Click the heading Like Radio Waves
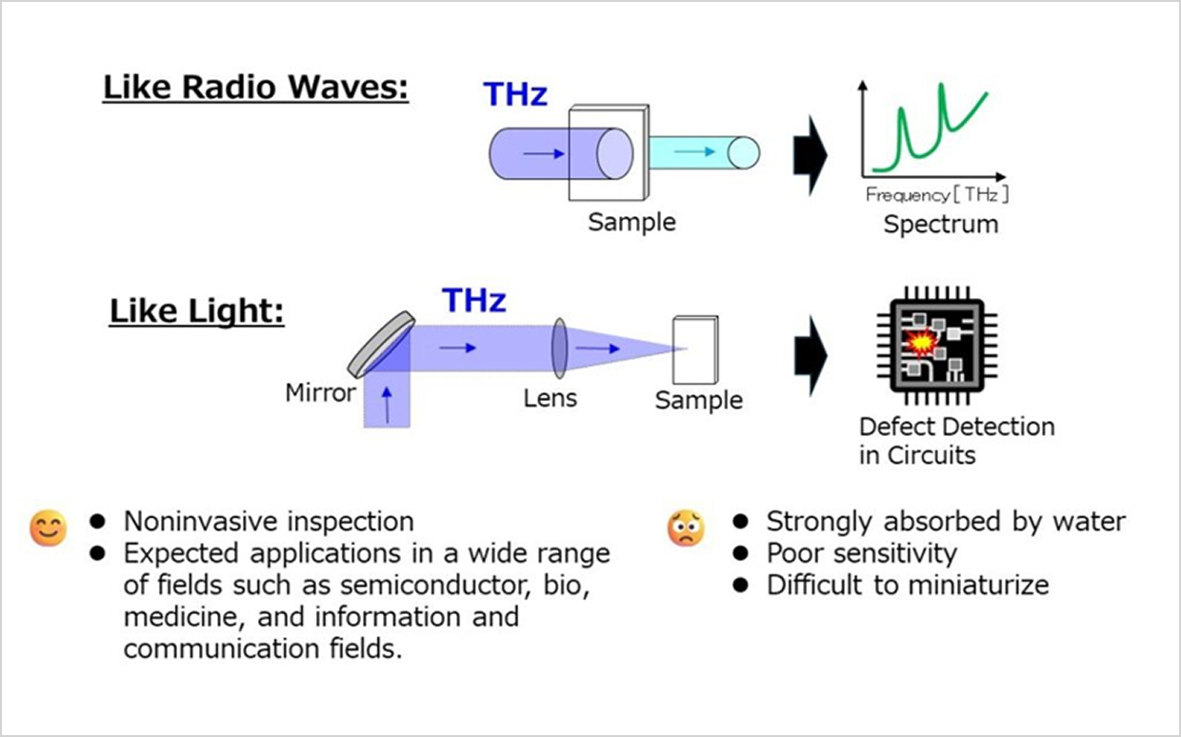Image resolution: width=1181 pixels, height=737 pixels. tap(255, 87)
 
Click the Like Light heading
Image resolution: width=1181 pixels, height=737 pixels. tap(196, 311)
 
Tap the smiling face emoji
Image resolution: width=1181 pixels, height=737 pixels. tap(49, 528)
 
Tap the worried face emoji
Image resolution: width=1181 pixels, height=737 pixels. tap(686, 528)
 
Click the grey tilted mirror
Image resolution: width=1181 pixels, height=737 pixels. tap(381, 345)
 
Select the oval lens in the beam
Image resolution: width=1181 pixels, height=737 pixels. tap(559, 348)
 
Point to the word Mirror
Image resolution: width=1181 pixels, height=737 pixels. tap(321, 392)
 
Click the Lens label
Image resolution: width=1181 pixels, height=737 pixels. tap(550, 398)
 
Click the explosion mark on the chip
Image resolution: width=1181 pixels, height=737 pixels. tap(920, 343)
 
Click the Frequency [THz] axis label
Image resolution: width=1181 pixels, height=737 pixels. tap(937, 195)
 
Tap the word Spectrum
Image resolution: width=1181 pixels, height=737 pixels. tap(941, 224)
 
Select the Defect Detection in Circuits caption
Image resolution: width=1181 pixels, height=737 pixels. tap(957, 441)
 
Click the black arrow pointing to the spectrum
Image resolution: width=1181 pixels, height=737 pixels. tap(811, 155)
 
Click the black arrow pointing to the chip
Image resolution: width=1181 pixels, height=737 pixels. tap(811, 356)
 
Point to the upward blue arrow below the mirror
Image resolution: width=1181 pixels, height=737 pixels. tap(387, 405)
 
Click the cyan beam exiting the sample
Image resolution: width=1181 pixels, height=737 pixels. tap(705, 153)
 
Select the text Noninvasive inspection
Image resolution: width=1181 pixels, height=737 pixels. tap(269, 522)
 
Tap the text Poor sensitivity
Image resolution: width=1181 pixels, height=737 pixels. tap(862, 553)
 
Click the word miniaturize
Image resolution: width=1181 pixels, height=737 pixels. tap(979, 586)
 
